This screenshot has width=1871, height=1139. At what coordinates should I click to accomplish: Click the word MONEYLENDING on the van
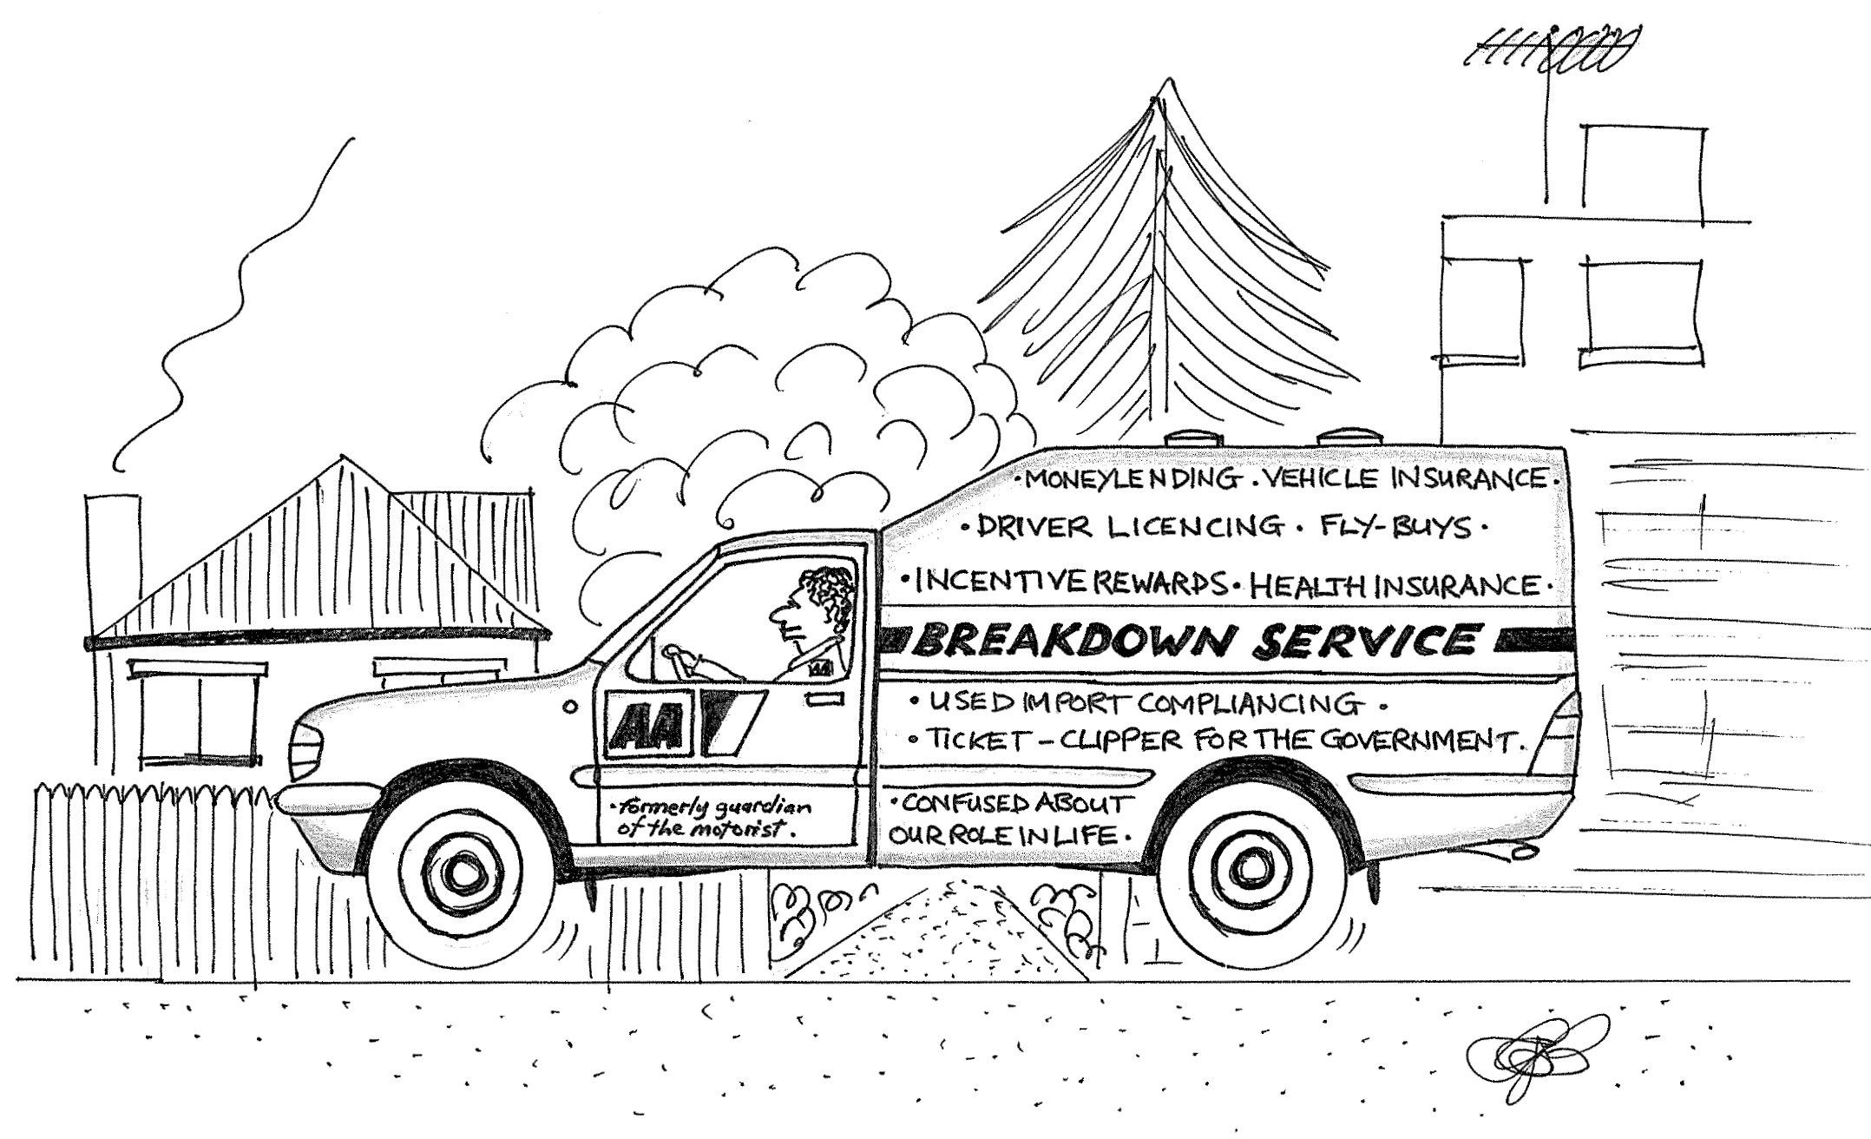pyautogui.click(x=1132, y=478)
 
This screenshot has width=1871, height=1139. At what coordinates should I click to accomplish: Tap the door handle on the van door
pyautogui.click(x=824, y=699)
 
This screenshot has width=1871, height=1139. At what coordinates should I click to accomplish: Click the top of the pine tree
pyautogui.click(x=1165, y=80)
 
